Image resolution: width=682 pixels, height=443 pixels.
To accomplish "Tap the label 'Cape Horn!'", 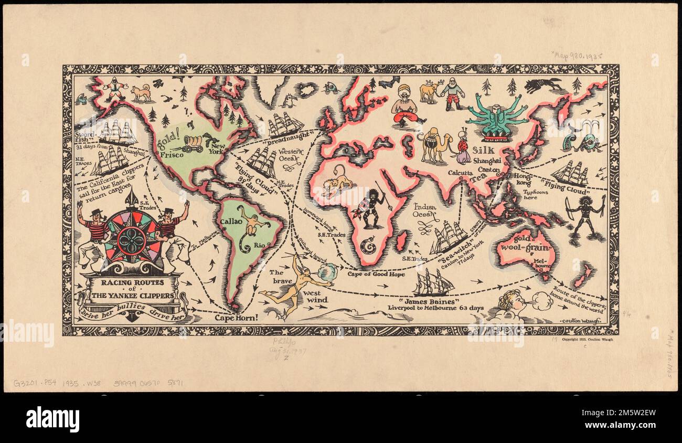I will pos(236,317).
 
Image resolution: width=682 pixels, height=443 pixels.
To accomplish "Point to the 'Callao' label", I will pos(231,221).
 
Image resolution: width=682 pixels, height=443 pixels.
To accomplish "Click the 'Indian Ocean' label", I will pos(425,210).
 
